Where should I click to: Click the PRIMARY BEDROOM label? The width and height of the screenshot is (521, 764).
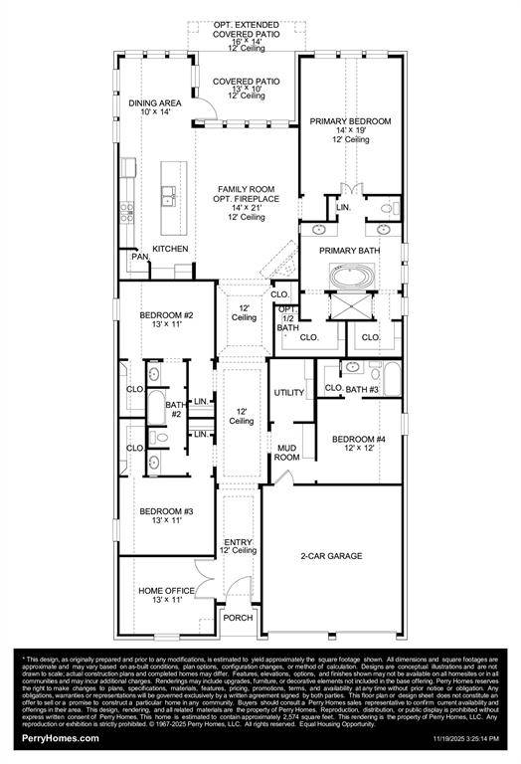pos(350,120)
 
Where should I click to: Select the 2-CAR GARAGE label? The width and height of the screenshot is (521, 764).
pos(331,556)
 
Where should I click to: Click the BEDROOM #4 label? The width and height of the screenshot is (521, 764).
pos(359,439)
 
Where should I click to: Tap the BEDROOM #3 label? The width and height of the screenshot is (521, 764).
pos(166,510)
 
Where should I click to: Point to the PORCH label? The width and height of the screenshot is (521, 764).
pos(238,618)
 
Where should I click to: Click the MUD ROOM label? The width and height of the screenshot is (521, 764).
pos(286,452)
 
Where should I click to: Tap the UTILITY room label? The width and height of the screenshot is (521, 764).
pos(289,392)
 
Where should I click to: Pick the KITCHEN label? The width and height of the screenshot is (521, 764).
pos(170,249)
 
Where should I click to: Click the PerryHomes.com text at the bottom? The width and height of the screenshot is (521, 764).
pos(54,738)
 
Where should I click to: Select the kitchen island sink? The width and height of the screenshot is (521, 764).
pos(170,194)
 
